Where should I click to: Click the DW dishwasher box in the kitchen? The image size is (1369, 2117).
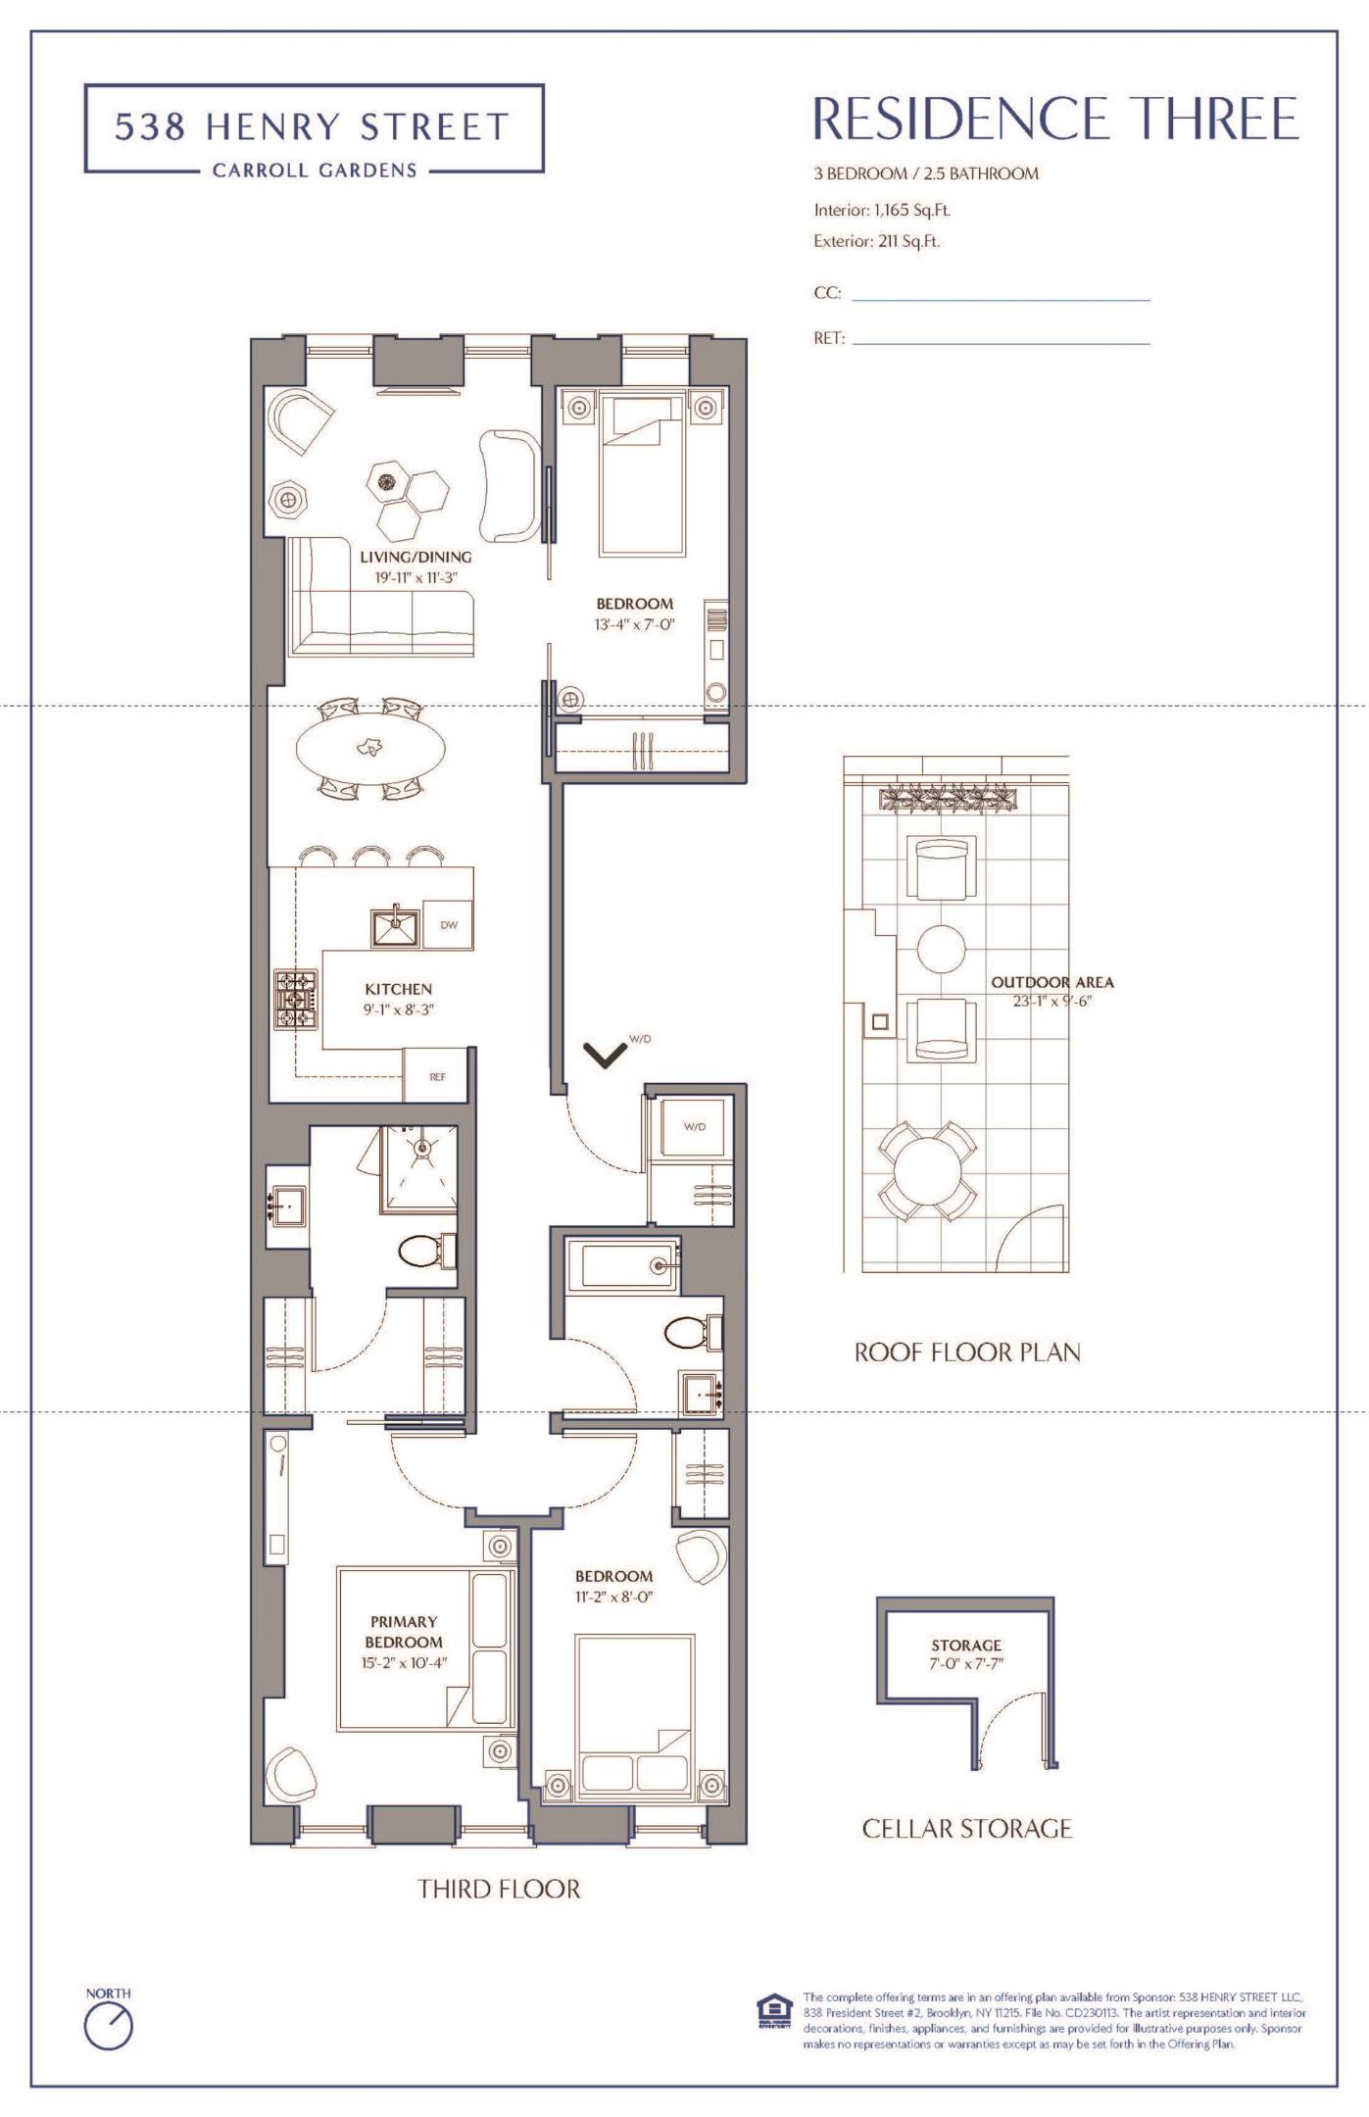(449, 924)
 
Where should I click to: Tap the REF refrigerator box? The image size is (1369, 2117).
(437, 1076)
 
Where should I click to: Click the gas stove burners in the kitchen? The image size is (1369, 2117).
(294, 999)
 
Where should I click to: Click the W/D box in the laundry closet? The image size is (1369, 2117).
(694, 1126)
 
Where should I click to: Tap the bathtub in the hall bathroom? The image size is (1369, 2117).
(618, 1264)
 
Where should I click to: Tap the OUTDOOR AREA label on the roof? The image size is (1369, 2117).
(1051, 982)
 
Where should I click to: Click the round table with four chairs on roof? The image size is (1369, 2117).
(926, 1170)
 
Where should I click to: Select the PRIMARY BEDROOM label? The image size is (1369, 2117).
(404, 1632)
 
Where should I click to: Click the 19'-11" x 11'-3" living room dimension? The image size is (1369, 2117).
(416, 577)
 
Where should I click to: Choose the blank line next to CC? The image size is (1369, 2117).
(1000, 299)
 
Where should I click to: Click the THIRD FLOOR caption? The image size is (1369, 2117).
(499, 1889)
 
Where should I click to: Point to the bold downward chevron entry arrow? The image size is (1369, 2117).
(605, 1055)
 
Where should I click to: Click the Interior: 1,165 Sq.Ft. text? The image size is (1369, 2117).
(882, 210)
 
